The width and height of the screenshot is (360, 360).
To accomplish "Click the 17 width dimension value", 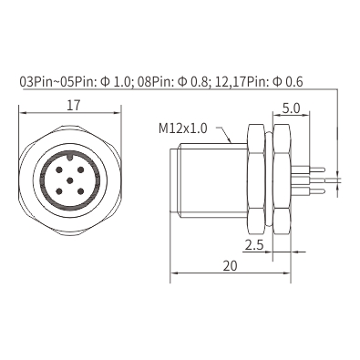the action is click(x=74, y=106).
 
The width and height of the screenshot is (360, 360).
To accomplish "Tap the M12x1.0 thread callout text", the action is click(x=183, y=129).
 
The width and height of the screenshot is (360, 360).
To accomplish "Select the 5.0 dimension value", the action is click(x=291, y=108).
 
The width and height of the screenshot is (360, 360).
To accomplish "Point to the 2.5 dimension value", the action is click(x=254, y=245).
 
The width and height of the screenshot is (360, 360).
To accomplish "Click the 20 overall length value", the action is click(x=230, y=266).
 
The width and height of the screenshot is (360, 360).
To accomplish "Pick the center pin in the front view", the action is click(x=70, y=181).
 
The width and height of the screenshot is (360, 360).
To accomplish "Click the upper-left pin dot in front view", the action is click(x=59, y=170).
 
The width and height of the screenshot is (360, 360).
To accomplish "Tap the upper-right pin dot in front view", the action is click(x=80, y=170).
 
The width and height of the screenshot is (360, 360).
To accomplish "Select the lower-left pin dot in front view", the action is click(x=59, y=191).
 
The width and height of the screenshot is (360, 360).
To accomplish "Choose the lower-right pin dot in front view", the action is click(x=80, y=191).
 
